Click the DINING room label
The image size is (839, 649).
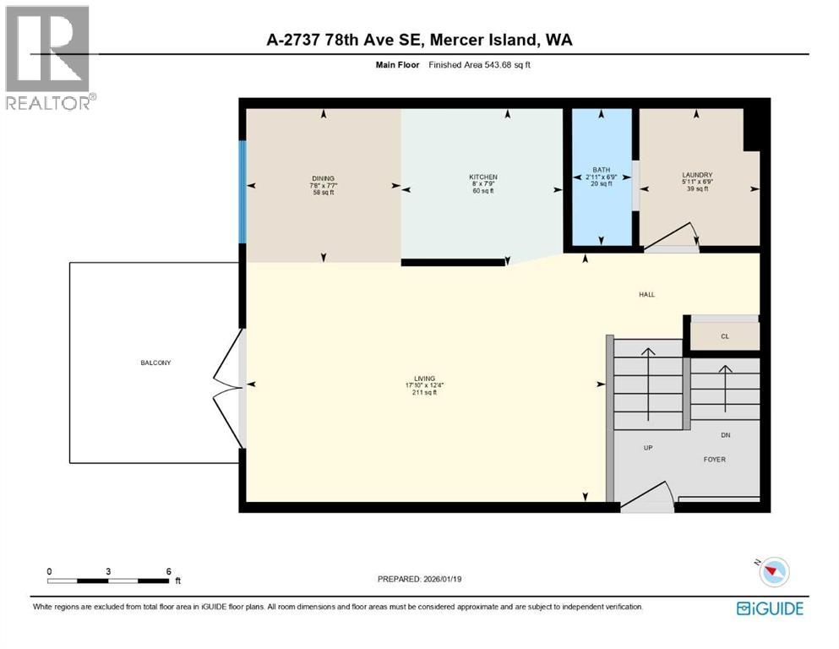click(x=323, y=178)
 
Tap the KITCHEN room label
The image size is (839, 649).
click(x=482, y=177)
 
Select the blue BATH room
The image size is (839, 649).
click(x=602, y=194)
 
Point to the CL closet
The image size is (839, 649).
click(x=724, y=336)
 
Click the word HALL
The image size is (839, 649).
click(x=646, y=295)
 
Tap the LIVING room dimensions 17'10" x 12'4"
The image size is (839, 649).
click(x=424, y=385)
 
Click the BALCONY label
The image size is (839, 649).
click(x=155, y=363)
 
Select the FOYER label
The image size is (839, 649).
click(x=715, y=460)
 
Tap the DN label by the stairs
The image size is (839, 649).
click(x=725, y=436)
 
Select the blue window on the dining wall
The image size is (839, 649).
click(x=242, y=191)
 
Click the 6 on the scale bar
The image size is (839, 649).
click(x=169, y=572)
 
